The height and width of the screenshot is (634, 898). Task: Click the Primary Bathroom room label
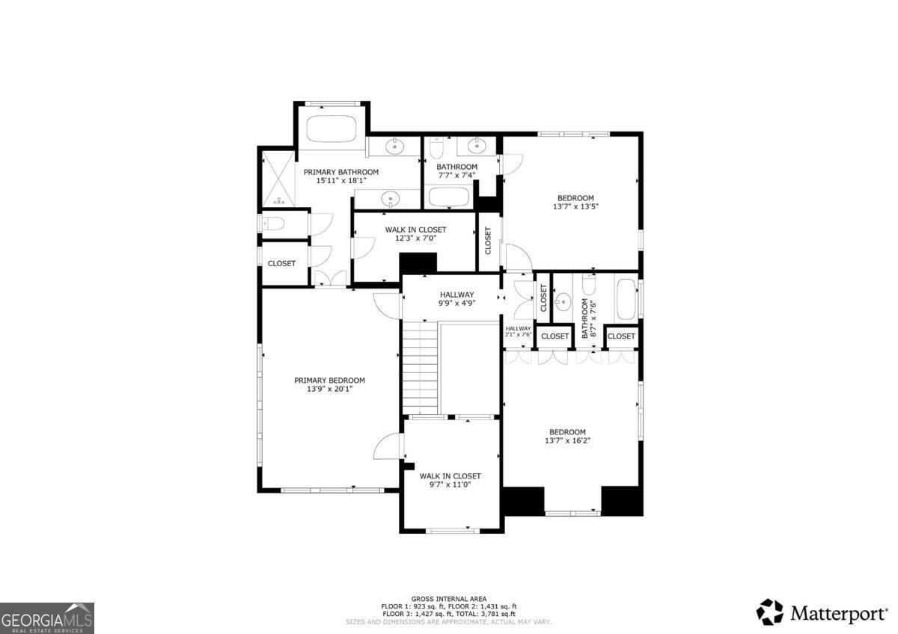pyautogui.click(x=340, y=176)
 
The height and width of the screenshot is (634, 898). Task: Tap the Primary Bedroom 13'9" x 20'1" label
pyautogui.click(x=329, y=384)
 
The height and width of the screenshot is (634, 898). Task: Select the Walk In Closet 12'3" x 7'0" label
pyautogui.click(x=415, y=234)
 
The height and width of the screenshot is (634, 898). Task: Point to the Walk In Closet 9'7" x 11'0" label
pyautogui.click(x=450, y=480)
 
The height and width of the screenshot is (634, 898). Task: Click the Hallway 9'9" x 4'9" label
pyautogui.click(x=456, y=299)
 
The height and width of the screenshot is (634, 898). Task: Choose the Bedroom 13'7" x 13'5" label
pyautogui.click(x=575, y=202)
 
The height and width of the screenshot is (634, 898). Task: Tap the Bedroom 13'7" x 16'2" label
pyautogui.click(x=567, y=437)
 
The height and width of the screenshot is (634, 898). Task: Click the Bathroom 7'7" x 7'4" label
pyautogui.click(x=456, y=171)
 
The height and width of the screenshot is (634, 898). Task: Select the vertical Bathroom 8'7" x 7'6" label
pyautogui.click(x=589, y=320)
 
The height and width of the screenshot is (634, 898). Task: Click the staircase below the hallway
pyautogui.click(x=421, y=366)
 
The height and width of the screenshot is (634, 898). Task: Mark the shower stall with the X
pyautogui.click(x=278, y=179)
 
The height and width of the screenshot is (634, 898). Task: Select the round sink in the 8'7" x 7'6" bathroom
pyautogui.click(x=563, y=303)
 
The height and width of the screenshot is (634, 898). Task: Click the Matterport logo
pyautogui.click(x=822, y=613)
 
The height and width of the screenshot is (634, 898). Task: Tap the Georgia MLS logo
pyautogui.click(x=47, y=618)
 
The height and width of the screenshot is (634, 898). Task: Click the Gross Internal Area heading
pyautogui.click(x=449, y=599)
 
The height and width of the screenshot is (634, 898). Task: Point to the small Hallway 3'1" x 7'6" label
pyautogui.click(x=518, y=332)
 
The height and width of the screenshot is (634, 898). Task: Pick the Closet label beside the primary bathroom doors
pyautogui.click(x=281, y=263)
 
